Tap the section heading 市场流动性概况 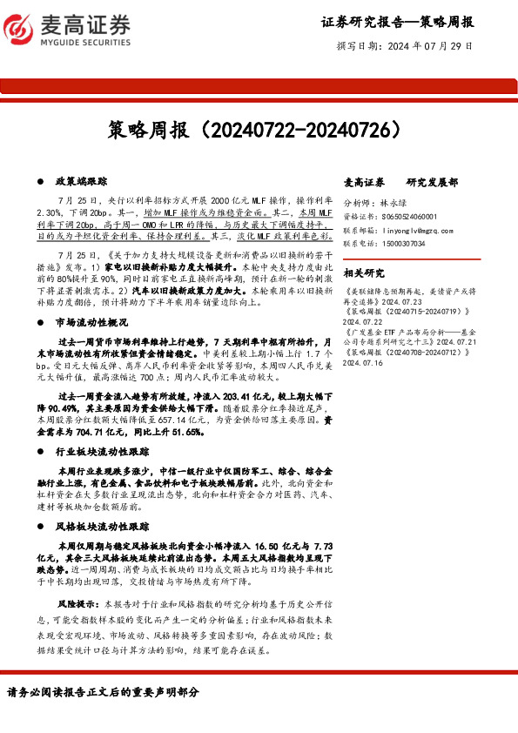click(91, 323)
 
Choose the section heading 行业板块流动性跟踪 click(102, 453)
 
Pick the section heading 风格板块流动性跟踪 click(102, 526)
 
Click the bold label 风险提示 click(76, 602)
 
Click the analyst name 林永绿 click(394, 202)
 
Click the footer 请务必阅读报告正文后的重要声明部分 click(103, 692)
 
